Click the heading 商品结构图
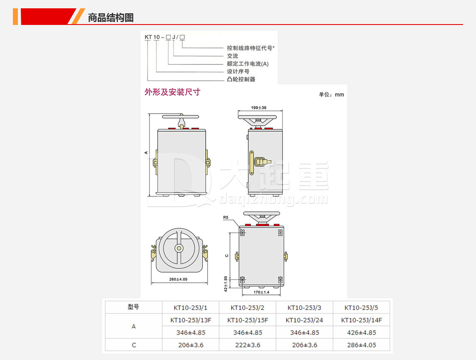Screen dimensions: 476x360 (111, 17)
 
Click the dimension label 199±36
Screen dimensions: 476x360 (259, 107)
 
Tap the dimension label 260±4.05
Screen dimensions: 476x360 (178, 279)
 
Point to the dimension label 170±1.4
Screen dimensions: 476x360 (261, 292)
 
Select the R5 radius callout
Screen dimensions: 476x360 (226, 217)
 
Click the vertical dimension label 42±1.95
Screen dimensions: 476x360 (226, 284)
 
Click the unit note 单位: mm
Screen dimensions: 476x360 (331, 95)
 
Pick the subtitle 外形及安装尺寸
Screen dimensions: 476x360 (173, 92)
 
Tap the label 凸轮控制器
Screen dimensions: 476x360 (241, 79)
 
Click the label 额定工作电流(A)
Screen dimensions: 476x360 (248, 64)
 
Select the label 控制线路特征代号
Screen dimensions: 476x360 (250, 48)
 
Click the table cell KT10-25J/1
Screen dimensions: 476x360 (190, 308)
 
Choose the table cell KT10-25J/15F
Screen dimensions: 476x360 (248, 320)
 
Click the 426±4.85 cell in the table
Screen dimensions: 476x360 (362, 333)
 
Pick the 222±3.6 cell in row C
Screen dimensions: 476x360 (248, 345)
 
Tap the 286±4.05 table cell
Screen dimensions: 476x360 (362, 345)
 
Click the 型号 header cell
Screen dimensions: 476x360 (133, 307)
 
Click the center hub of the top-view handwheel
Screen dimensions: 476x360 (179, 249)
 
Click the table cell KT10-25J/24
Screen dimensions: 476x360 (304, 320)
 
